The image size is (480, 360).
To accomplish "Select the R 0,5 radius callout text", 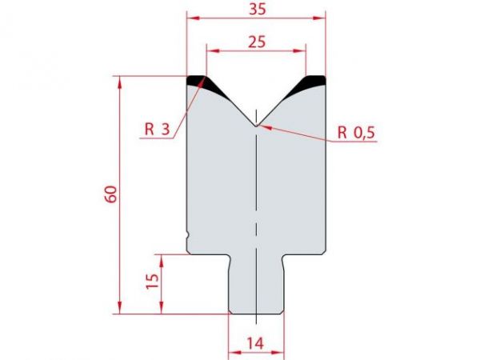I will [355, 134].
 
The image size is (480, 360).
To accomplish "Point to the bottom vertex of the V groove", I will [255, 126].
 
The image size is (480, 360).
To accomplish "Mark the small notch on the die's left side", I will [188, 235].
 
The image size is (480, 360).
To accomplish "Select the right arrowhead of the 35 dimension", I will [322, 17].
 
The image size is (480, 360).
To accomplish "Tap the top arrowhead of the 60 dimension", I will [120, 80].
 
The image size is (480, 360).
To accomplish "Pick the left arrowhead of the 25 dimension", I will [210, 50].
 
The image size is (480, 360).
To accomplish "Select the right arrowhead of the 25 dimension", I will [302, 50].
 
